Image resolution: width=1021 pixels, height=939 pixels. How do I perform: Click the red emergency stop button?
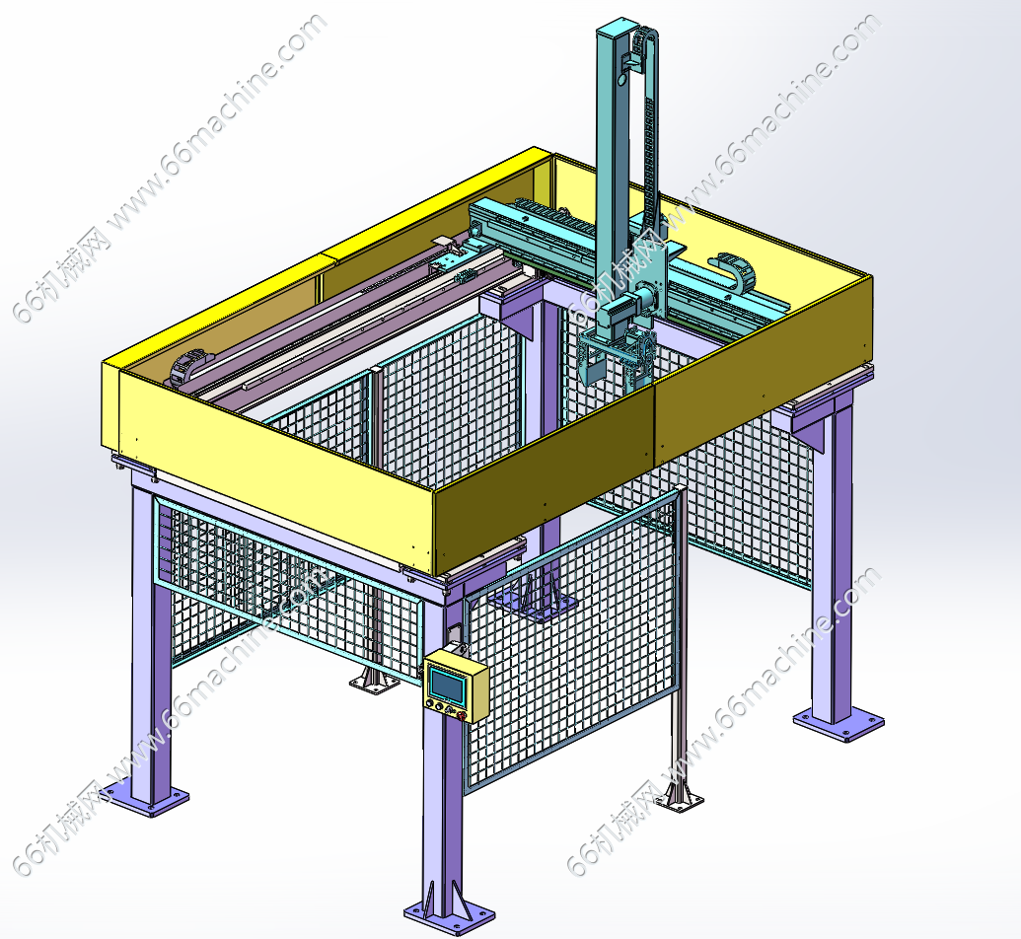tap(463, 716)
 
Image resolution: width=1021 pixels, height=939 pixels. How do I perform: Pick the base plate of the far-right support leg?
tap(839, 724)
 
